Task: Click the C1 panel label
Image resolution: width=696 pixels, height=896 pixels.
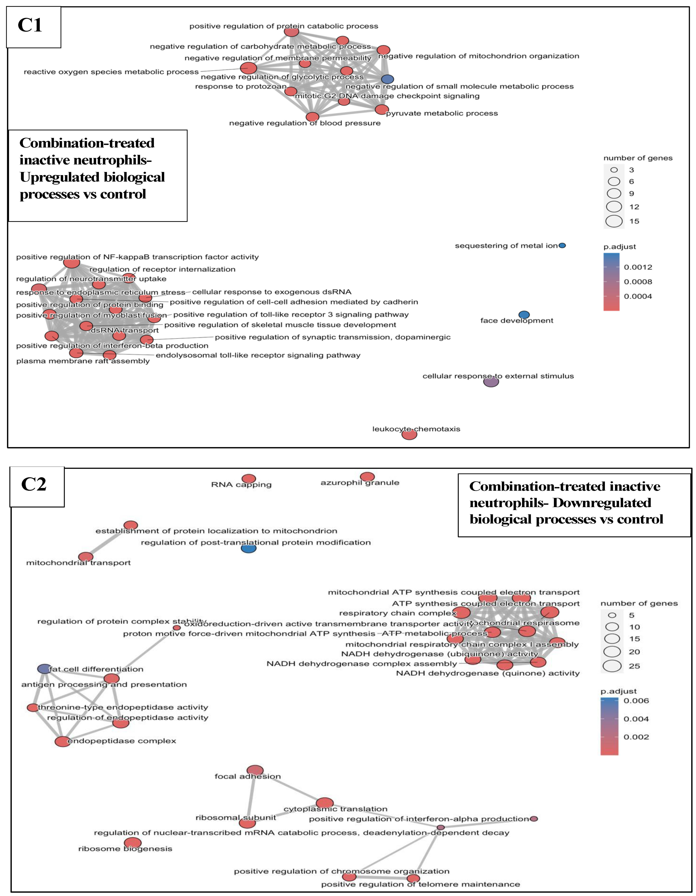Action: click(x=30, y=26)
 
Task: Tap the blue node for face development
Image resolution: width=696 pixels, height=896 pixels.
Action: click(x=524, y=315)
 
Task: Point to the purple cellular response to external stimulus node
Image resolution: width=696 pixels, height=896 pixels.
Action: click(x=491, y=382)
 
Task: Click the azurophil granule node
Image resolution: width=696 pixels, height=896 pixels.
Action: click(x=367, y=477)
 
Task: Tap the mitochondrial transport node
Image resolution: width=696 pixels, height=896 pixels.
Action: click(x=86, y=557)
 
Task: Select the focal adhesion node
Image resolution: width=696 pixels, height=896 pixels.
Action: click(x=255, y=771)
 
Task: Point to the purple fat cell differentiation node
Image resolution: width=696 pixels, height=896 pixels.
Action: click(x=44, y=669)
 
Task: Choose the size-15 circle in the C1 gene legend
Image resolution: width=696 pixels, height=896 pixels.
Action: click(x=614, y=221)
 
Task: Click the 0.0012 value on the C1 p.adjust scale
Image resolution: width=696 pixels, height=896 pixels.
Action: click(x=638, y=267)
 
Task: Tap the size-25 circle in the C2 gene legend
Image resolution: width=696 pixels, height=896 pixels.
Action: click(x=612, y=666)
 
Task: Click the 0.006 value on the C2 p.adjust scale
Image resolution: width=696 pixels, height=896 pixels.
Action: click(x=636, y=701)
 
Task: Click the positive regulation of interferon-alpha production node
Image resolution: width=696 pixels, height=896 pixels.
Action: click(x=534, y=819)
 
